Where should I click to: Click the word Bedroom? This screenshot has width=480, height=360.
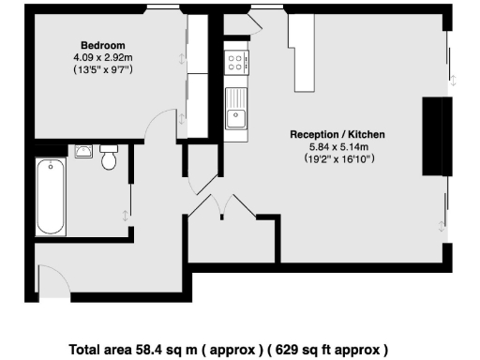pyautogui.click(x=102, y=45)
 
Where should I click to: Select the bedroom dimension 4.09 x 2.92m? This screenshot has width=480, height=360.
pyautogui.click(x=102, y=57)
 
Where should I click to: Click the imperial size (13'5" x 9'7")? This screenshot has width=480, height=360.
pyautogui.click(x=102, y=69)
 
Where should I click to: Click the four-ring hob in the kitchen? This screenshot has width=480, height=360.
pyautogui.click(x=236, y=63)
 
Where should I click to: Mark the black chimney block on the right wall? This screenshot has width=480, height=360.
pyautogui.click(x=434, y=136)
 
